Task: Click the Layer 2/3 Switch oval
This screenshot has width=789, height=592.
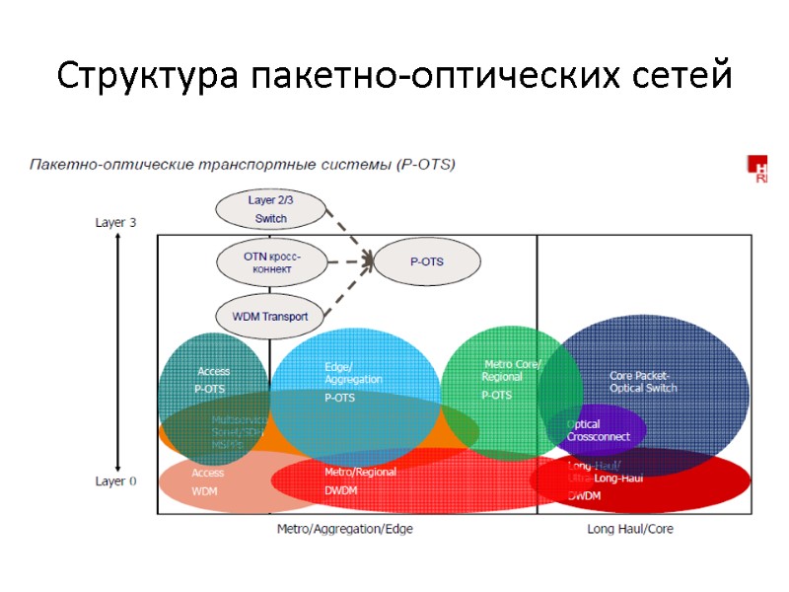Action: coord(270,208)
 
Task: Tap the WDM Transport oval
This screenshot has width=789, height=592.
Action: coord(269,317)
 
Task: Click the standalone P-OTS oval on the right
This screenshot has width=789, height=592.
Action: coord(427,261)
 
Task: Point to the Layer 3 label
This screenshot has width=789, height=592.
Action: coord(115,222)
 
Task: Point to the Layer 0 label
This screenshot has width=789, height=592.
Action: coord(115,481)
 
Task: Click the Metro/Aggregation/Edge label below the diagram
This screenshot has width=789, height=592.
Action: coord(344,529)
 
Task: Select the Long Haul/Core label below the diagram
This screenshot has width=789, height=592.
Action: coord(630,529)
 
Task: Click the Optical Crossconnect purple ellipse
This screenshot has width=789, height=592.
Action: coord(597,430)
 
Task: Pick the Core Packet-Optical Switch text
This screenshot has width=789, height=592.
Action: coord(642,382)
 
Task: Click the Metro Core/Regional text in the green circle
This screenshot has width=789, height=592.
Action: coord(512,370)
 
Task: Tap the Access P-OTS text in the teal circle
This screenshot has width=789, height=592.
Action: coord(212,380)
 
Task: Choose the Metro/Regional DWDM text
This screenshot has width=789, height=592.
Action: coord(360,481)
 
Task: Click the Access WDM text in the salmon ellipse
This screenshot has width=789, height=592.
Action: coord(207,481)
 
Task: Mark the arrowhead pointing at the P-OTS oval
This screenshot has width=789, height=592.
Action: coord(370,261)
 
